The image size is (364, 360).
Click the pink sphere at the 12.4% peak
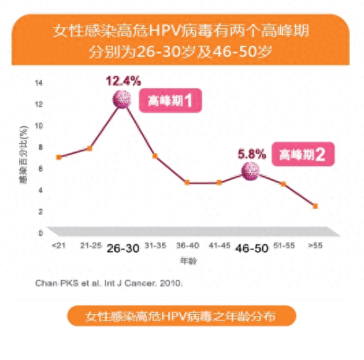(x=122, y=100)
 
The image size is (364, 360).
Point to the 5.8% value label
(x=251, y=154)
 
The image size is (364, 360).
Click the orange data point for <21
(x=59, y=157)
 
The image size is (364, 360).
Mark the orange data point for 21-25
(x=90, y=149)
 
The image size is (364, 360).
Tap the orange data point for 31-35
(x=155, y=156)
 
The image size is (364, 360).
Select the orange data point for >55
(x=315, y=206)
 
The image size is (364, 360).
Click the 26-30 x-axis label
(x=123, y=248)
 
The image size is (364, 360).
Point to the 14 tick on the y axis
(x=38, y=83)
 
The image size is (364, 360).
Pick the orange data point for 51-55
(x=283, y=184)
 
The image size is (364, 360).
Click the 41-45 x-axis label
(x=218, y=245)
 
